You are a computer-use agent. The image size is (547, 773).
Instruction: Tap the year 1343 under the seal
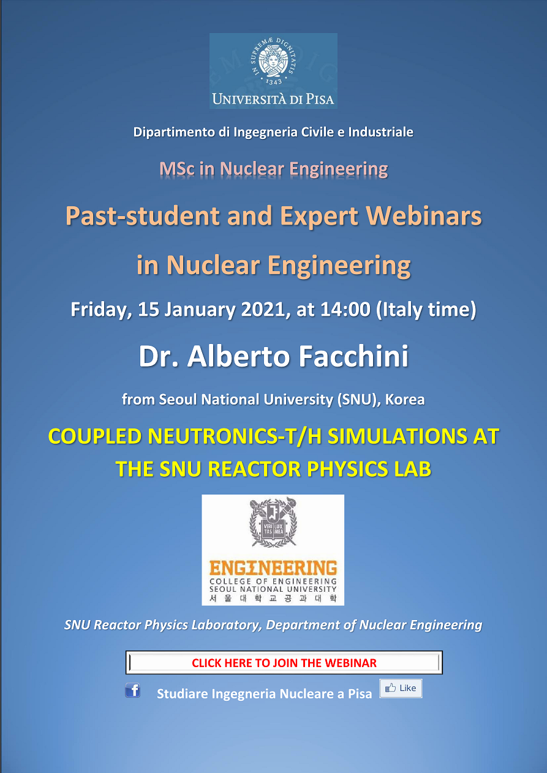pyautogui.click(x=273, y=82)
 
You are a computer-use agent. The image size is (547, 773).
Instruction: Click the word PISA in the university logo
pyautogui.click(x=320, y=99)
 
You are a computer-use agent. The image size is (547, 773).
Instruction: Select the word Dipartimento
pyautogui.click(x=174, y=132)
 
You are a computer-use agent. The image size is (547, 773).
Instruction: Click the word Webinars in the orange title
pyautogui.click(x=424, y=216)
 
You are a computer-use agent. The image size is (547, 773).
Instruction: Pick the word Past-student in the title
pyautogui.click(x=143, y=216)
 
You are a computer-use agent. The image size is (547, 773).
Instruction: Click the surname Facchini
pyautogui.click(x=353, y=356)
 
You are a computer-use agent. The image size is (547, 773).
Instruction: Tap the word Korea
pyautogui.click(x=405, y=400)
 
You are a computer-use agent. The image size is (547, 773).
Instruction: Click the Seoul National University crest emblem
pyautogui.click(x=273, y=522)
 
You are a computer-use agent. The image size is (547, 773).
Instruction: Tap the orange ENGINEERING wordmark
pyautogui.click(x=273, y=568)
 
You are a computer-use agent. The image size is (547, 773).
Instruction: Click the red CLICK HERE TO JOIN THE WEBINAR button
pyautogui.click(x=284, y=663)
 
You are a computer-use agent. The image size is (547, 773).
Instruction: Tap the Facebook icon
pyautogui.click(x=132, y=690)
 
